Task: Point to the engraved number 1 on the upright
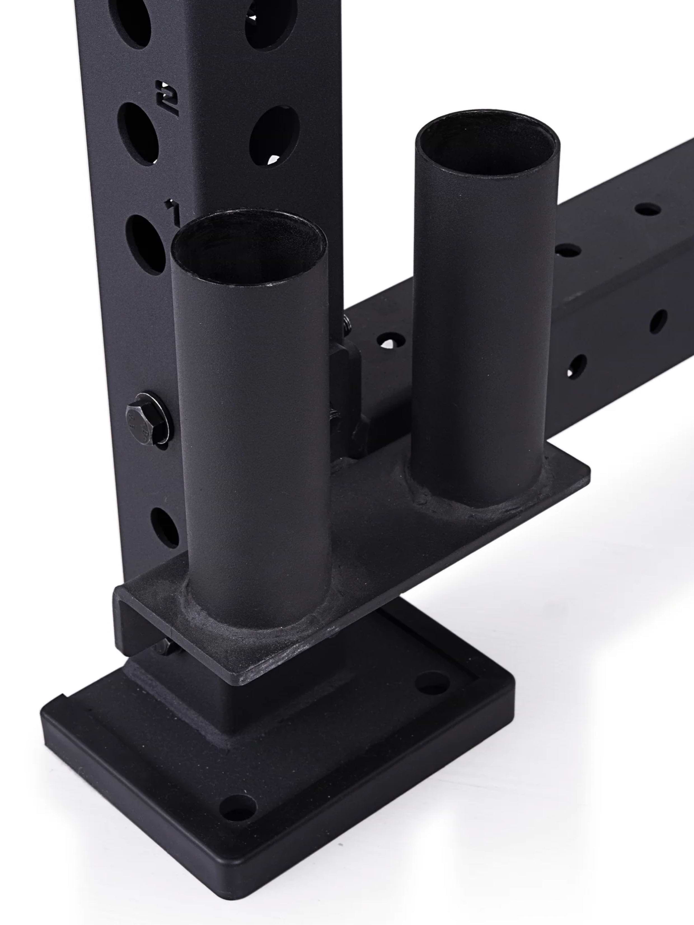tap(172, 209)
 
